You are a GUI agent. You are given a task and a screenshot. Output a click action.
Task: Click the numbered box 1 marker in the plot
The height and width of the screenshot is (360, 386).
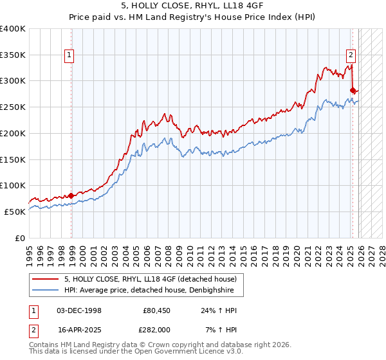point(69,56)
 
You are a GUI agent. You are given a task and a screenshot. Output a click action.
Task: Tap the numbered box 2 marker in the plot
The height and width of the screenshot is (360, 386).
point(351,56)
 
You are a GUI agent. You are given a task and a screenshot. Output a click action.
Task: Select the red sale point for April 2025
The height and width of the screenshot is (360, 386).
point(353,90)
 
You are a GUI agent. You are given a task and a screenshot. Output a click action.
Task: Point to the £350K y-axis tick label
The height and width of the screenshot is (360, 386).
point(13,55)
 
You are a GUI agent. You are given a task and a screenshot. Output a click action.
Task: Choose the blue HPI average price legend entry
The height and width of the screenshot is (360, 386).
point(153,291)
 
